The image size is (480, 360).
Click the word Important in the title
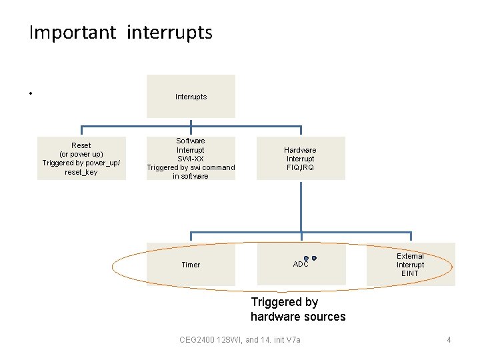tap(73, 33)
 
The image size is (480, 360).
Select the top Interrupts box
tap(191, 97)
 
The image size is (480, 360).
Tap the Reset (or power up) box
tap(81, 159)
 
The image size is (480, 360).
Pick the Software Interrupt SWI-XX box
tap(191, 159)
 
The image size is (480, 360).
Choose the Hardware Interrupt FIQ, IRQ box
tap(300, 159)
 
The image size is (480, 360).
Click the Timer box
tap(191, 265)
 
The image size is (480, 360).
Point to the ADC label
tap(301, 265)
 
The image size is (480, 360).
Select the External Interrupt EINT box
tap(410, 265)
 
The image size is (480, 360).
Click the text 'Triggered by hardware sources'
tap(298, 309)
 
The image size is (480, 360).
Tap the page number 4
tap(449, 340)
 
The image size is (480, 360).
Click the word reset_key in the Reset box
tap(81, 172)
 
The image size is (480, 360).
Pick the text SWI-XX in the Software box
tap(191, 159)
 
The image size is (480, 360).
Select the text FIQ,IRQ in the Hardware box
tap(300, 168)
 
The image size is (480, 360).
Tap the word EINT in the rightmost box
tap(410, 273)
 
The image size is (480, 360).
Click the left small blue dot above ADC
tap(306, 258)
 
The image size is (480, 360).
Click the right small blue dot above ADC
tap(314, 258)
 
